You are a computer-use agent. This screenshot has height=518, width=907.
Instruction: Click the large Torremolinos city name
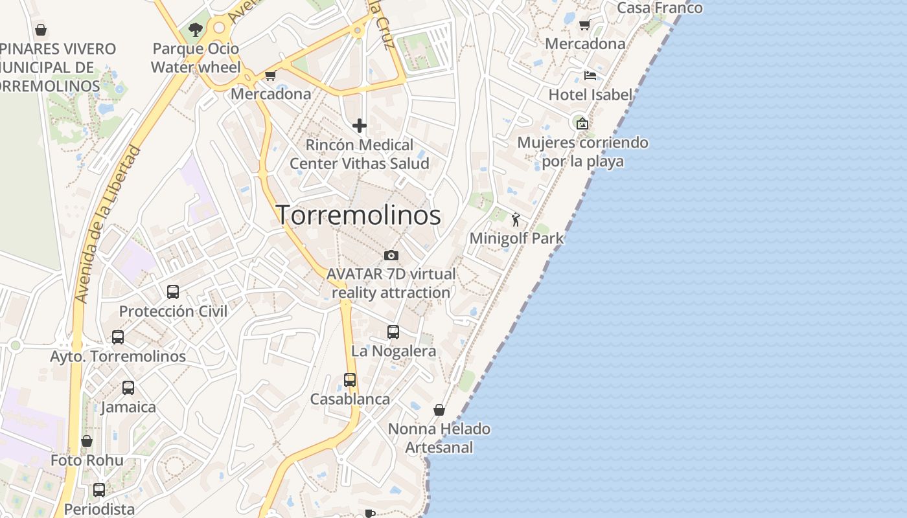point(359,215)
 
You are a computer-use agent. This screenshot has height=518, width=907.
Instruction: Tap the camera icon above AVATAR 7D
point(391,255)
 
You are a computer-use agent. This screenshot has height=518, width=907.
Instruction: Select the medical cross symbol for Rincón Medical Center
point(360,126)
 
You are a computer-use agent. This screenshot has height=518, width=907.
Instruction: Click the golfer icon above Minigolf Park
point(516,220)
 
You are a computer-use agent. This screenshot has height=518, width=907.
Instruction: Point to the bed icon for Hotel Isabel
point(590,76)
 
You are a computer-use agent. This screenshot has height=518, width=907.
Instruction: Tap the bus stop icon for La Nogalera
point(393,332)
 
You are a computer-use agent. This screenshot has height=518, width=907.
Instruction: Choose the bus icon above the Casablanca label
point(350,380)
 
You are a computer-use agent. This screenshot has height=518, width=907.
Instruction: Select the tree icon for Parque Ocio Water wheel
point(195,29)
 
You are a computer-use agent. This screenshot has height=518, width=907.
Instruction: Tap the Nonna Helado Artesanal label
point(439,438)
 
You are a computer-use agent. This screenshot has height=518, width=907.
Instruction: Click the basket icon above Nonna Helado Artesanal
point(439,410)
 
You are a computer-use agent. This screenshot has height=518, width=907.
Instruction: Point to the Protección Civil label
point(173,311)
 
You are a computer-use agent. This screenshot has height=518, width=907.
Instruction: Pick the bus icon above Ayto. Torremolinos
point(117,337)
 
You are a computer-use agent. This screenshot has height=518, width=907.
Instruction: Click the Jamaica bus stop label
point(128,407)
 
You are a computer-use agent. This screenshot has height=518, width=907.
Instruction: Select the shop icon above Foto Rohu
point(87,441)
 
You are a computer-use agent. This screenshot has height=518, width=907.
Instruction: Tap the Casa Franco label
point(660,8)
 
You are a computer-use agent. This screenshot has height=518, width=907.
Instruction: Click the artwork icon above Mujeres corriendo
point(582,123)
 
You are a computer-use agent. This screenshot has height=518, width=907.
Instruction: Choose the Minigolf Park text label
point(516,238)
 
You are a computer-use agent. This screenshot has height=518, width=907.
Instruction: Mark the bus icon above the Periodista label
point(98,490)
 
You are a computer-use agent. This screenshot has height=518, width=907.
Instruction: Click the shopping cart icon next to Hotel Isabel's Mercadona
point(584,25)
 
